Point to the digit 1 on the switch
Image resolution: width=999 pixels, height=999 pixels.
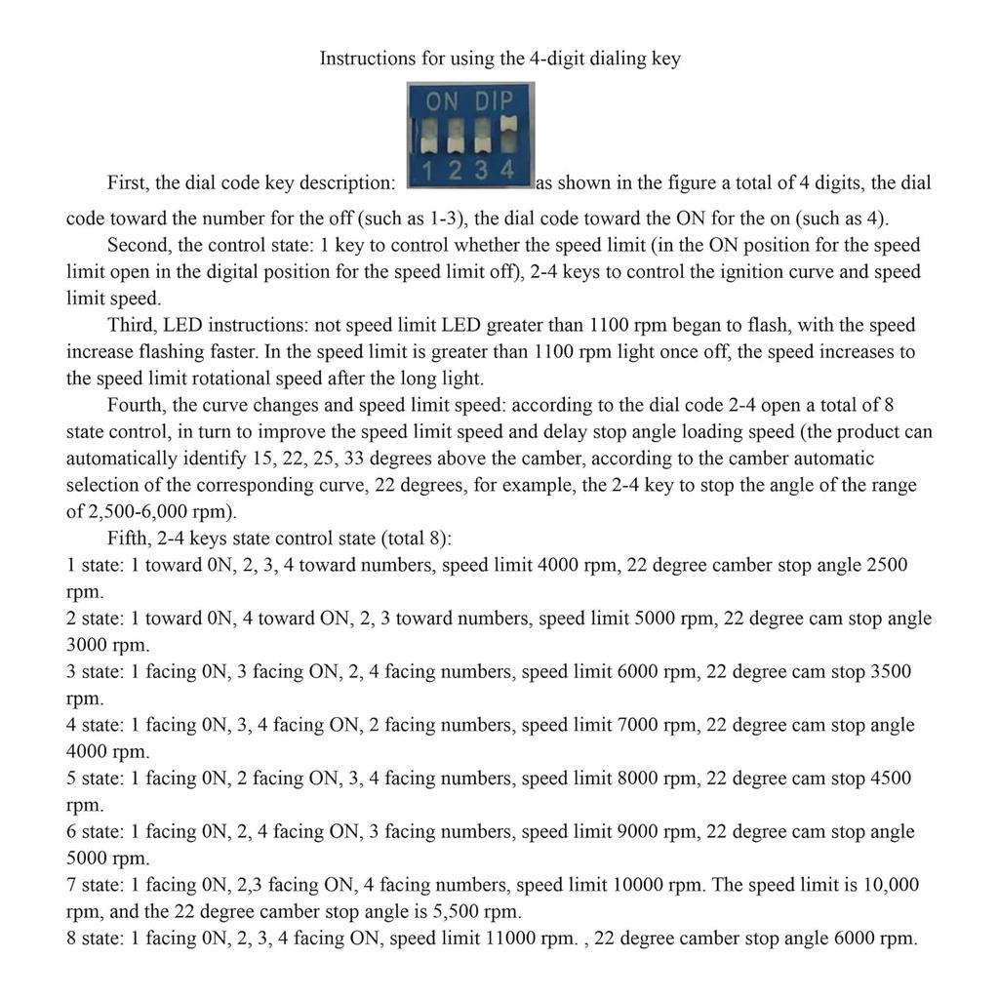click(429, 171)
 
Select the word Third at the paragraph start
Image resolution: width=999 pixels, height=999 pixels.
click(131, 325)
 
